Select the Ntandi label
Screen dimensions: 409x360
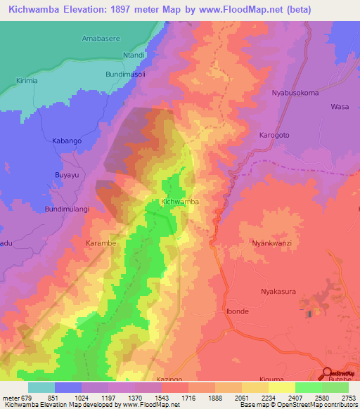134,55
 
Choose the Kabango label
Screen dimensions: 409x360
67,141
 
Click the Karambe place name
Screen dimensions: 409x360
101,243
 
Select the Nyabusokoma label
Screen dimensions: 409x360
295,93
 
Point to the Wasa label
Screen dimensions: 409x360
340,107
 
